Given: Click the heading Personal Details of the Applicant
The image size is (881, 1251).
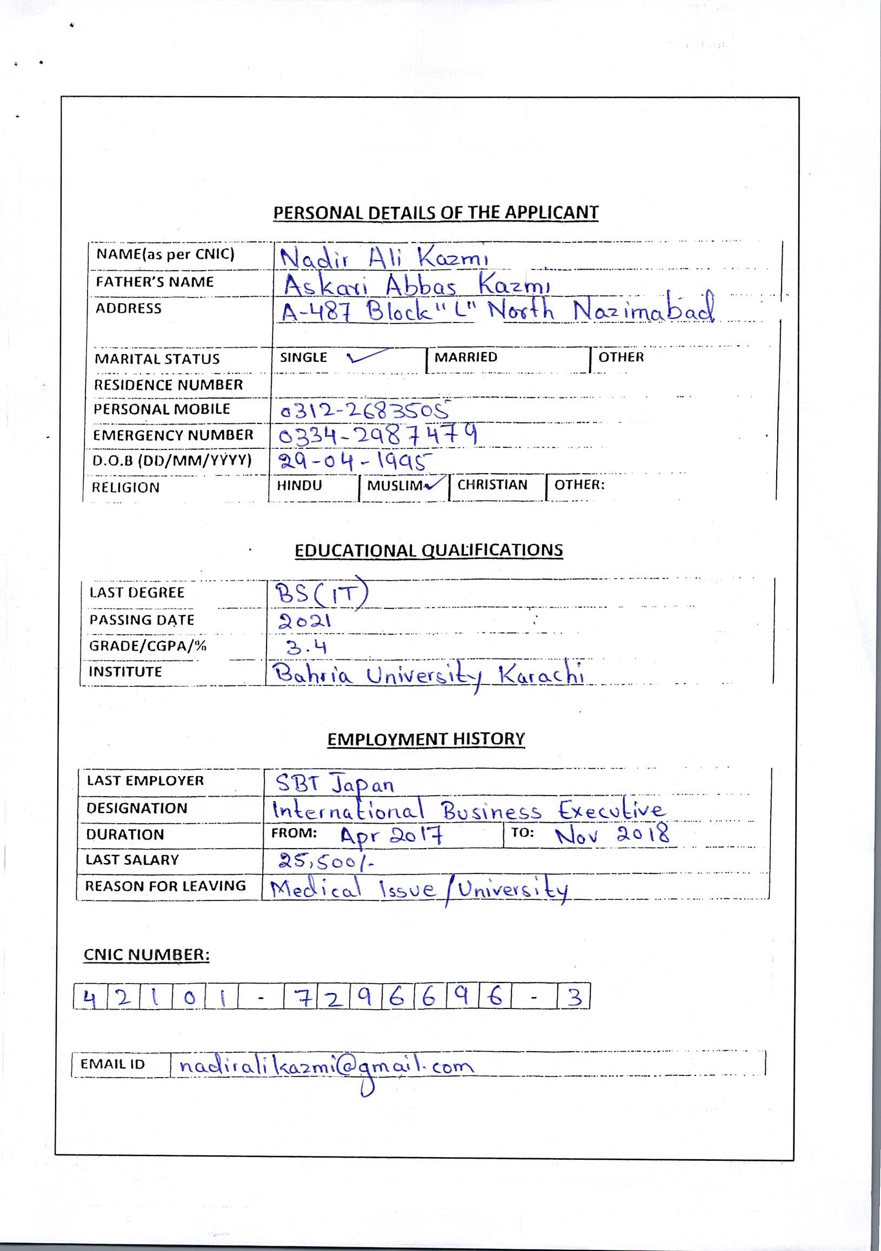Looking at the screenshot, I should point(436,212).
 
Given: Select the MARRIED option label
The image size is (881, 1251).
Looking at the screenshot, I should point(465,357).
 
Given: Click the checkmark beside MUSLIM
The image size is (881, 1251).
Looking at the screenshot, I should point(436,484).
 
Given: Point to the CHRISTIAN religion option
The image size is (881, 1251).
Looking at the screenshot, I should point(492,485).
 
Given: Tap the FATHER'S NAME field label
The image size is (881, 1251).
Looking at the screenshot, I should point(155,282).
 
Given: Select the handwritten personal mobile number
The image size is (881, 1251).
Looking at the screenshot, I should point(365,409).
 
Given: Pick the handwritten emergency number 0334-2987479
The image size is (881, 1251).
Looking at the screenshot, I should point(378,435).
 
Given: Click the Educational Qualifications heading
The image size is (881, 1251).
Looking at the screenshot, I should point(429,550).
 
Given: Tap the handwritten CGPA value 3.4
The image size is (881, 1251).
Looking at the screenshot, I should point(306,647).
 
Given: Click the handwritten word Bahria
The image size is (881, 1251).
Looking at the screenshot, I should point(313,676).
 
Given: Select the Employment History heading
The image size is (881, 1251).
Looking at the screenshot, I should point(426,739).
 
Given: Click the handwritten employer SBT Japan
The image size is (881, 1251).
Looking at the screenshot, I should point(334,784).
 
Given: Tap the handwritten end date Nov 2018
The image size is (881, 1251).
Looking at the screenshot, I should point(612,834).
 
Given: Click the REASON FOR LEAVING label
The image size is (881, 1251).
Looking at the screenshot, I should point(165,885).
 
